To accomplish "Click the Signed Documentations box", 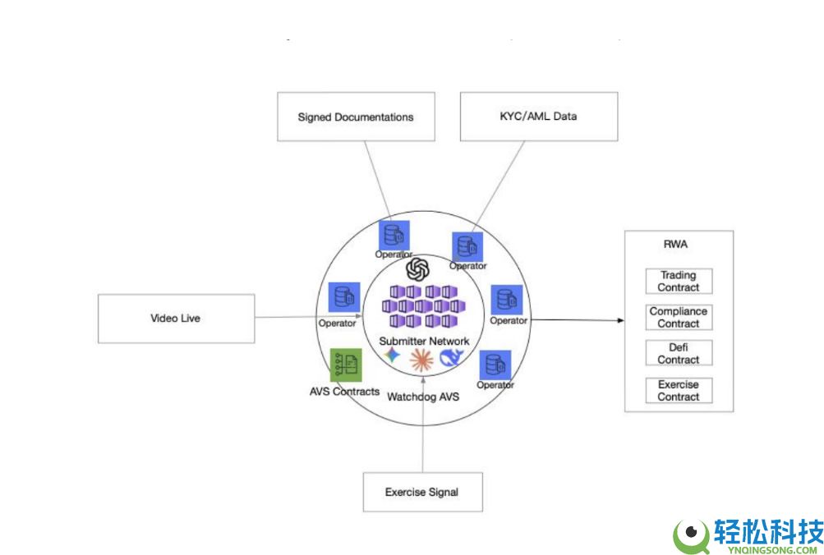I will tap(355, 117).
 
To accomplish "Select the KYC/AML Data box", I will tap(538, 117).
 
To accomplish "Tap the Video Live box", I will tap(176, 319).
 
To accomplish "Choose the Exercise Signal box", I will tap(421, 493).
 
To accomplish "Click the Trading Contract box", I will tap(679, 282).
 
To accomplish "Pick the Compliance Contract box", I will tap(679, 318).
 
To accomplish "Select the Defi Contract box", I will tap(679, 354).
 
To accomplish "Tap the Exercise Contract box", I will tap(679, 391).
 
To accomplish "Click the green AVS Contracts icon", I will tap(346, 365).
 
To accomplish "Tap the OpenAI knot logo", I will tap(418, 268).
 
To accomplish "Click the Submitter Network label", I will tap(424, 341).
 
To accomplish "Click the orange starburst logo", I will tap(421, 358).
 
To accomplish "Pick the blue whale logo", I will tap(452, 357).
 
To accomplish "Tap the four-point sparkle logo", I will tap(394, 355).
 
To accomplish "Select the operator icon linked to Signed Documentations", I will tap(394, 235).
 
